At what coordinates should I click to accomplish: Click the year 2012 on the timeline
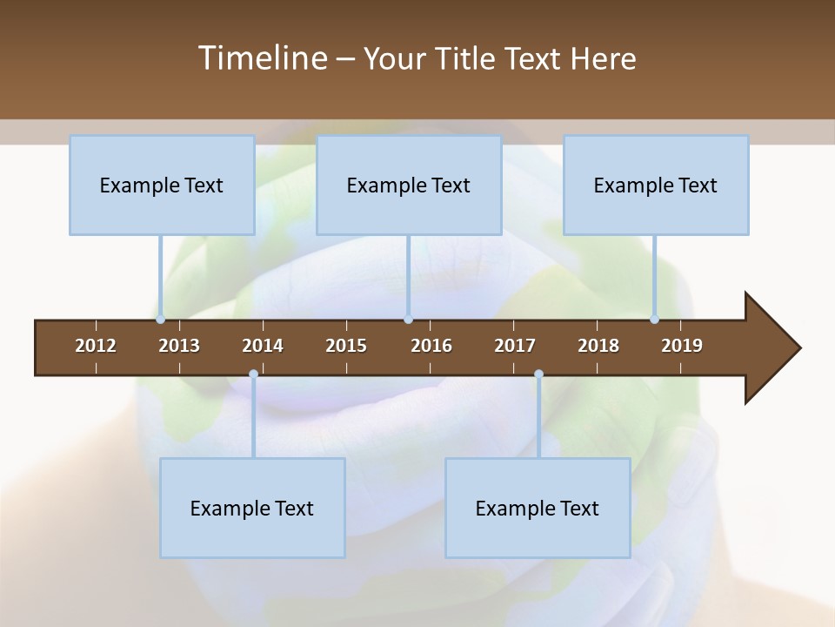[96, 346]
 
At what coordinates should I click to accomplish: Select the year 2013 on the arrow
[179, 346]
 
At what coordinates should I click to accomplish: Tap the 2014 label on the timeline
[263, 346]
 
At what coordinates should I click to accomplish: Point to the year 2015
[346, 346]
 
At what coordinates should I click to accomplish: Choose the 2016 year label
[431, 346]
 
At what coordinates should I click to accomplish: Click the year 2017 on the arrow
[515, 346]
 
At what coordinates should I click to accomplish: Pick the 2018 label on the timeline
[598, 346]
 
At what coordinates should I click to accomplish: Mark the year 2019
[682, 346]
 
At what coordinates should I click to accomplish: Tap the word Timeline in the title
[261, 58]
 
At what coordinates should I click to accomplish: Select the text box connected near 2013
[162, 185]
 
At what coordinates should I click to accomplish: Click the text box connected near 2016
[409, 185]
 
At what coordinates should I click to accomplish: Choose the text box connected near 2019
[656, 185]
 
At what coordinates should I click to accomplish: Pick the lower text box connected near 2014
[252, 508]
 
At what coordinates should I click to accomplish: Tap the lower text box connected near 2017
[538, 508]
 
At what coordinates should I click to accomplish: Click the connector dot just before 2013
[161, 320]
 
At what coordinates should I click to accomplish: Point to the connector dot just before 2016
[408, 320]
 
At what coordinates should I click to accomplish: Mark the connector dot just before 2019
[654, 320]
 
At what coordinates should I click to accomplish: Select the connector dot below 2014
[253, 374]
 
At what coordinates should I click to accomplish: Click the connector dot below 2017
[538, 374]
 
